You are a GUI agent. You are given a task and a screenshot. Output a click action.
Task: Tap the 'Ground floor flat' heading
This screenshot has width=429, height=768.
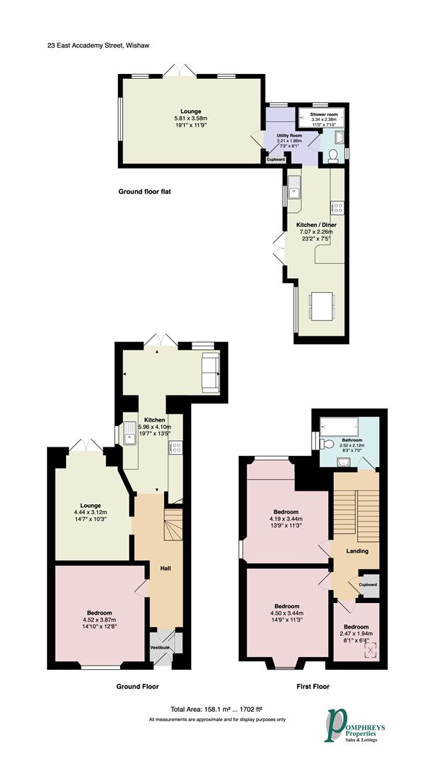[145, 191]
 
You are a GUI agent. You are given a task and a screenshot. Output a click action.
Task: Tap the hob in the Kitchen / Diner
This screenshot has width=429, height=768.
[337, 208]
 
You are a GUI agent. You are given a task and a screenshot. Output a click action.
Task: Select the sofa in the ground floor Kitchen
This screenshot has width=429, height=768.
[211, 373]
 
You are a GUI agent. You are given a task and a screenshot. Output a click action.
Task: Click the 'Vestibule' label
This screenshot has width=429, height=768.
[159, 647]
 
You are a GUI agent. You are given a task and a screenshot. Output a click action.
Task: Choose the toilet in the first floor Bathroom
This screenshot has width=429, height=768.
[326, 444]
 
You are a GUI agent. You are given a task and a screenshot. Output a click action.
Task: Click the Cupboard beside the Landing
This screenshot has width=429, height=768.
[368, 585]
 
